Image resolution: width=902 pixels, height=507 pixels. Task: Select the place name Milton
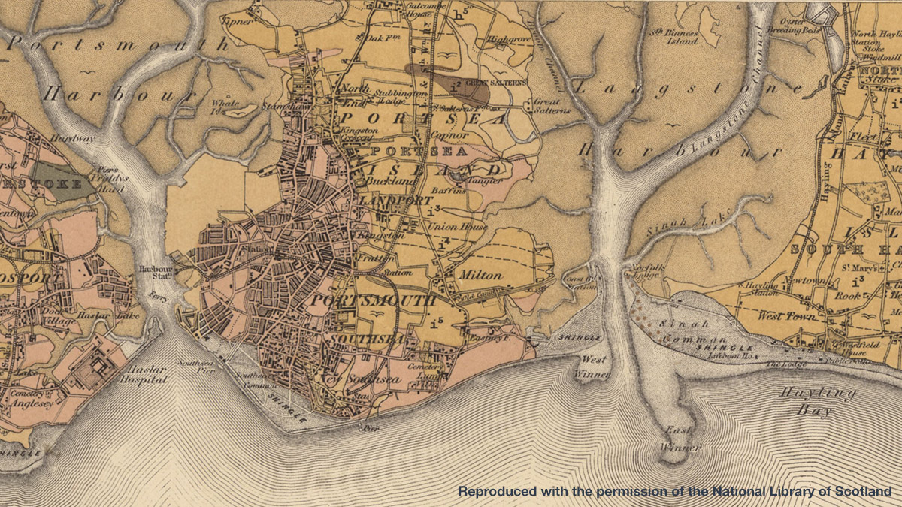479,275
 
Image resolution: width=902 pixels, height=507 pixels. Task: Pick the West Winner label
593,365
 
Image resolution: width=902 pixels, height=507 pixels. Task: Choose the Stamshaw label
282,107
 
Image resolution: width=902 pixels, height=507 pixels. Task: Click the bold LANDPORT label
395,201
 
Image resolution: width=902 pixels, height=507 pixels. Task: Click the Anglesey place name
32,402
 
